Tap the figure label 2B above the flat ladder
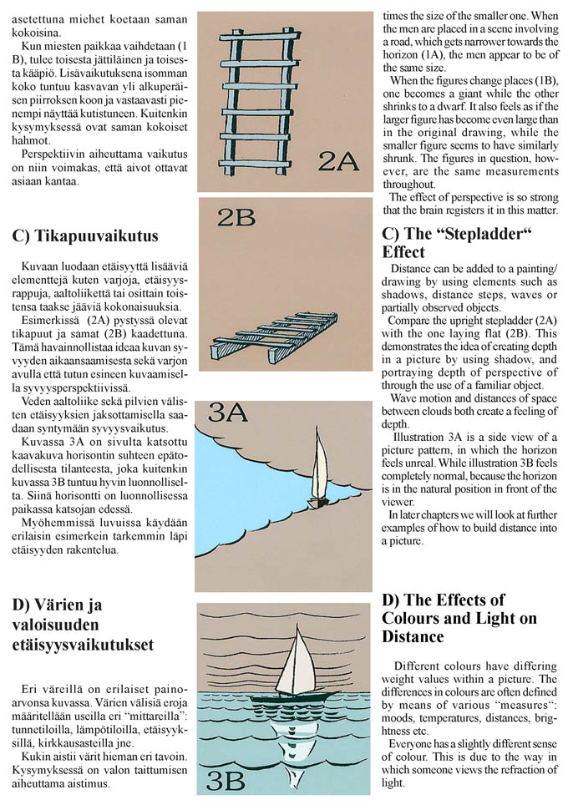coord(236,217)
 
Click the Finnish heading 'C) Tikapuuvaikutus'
coord(85,235)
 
